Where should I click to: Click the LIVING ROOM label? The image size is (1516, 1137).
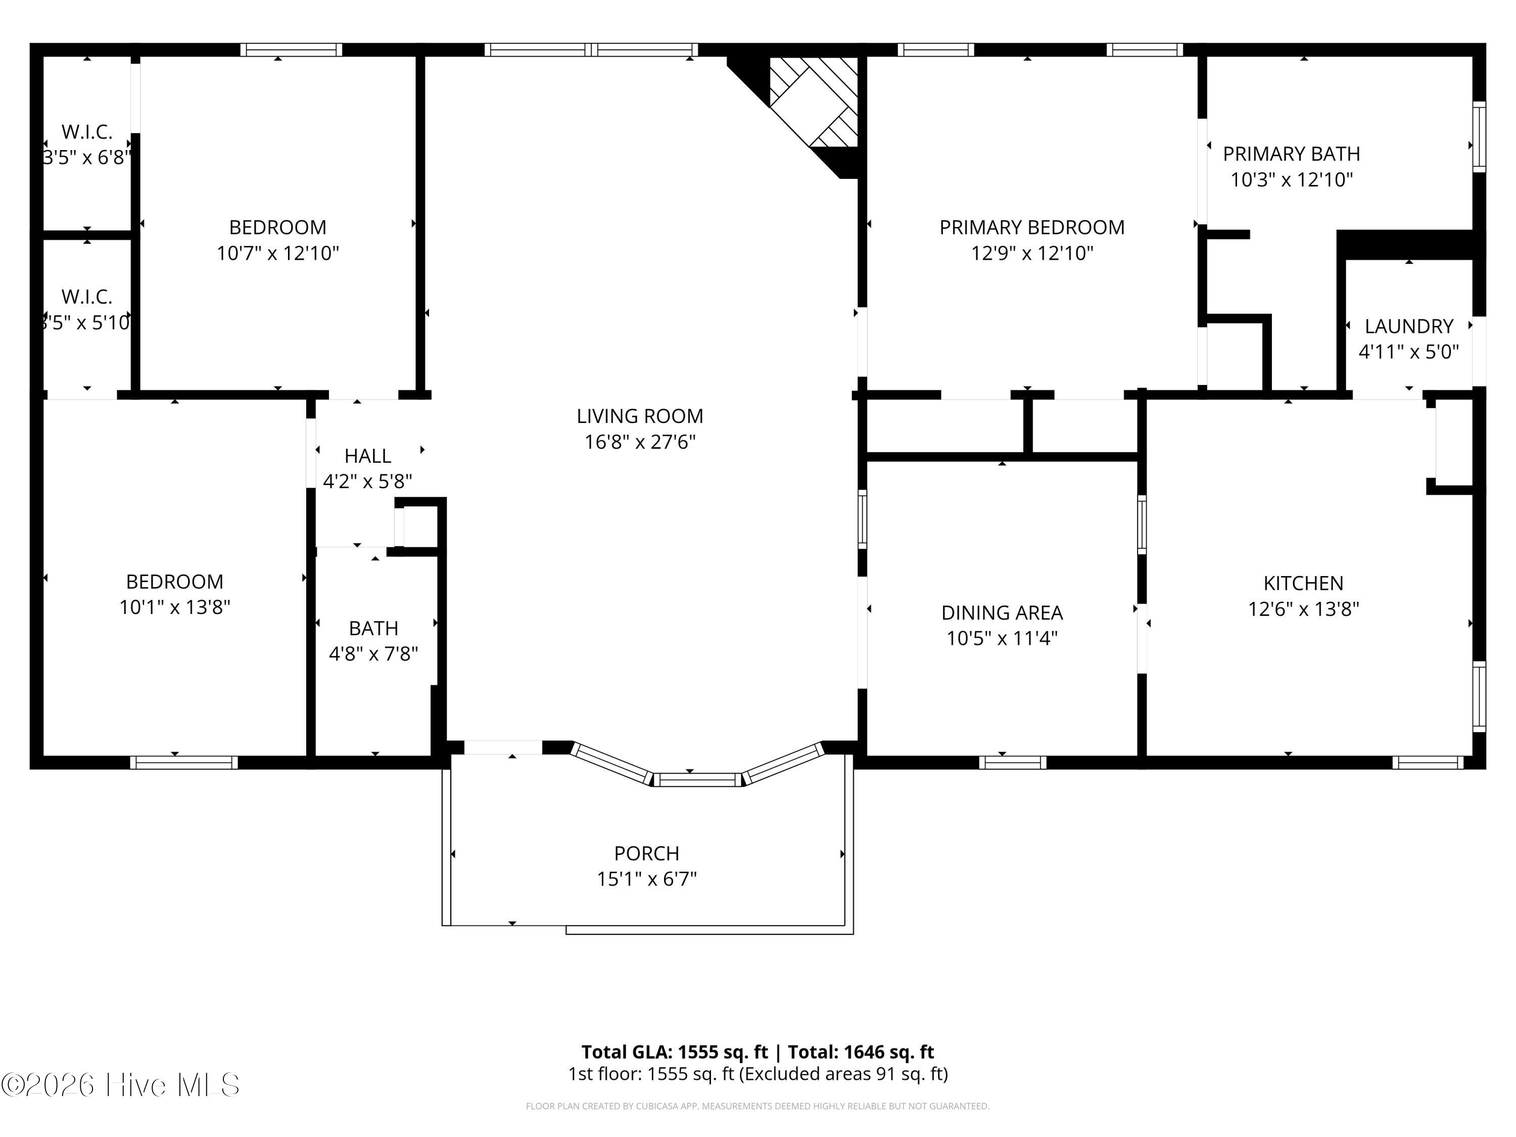(x=639, y=416)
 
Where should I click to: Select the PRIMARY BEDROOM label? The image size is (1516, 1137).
(x=1031, y=227)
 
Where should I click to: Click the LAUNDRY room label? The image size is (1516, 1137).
(x=1408, y=326)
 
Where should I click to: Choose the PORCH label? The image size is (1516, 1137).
(x=646, y=854)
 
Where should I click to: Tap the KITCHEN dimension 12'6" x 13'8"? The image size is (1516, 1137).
(x=1303, y=608)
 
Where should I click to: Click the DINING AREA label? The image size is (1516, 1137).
(x=1001, y=612)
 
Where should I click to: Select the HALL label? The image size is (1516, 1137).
(x=367, y=456)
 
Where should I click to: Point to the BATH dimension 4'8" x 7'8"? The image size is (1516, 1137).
(x=373, y=654)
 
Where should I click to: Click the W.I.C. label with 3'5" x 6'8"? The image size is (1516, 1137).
(x=86, y=131)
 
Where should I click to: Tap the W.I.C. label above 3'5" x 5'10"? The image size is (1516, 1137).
(x=86, y=297)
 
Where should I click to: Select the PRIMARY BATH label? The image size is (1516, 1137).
(x=1291, y=154)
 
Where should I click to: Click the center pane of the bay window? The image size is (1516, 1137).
(x=697, y=779)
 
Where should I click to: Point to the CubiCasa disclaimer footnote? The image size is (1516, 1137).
(x=757, y=1106)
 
